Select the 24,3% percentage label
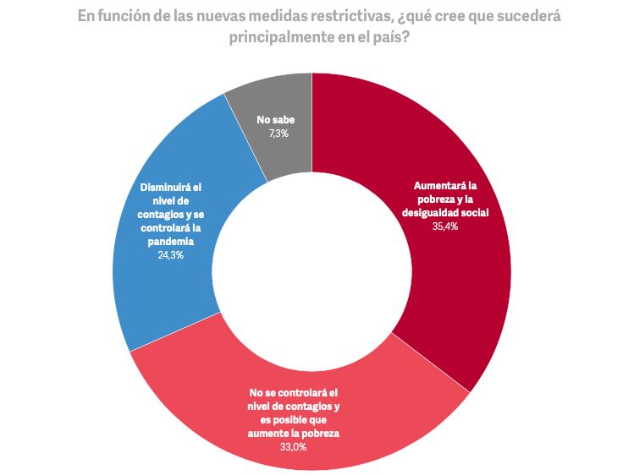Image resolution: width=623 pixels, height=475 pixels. coord(171,254)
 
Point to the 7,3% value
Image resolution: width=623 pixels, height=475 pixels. coord(276,134)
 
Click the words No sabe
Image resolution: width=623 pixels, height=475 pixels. coord(276,121)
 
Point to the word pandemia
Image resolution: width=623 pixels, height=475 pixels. coord(170,241)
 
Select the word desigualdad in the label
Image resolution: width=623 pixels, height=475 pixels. coord(435,213)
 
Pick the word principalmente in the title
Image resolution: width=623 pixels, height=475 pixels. coord(279,40)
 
